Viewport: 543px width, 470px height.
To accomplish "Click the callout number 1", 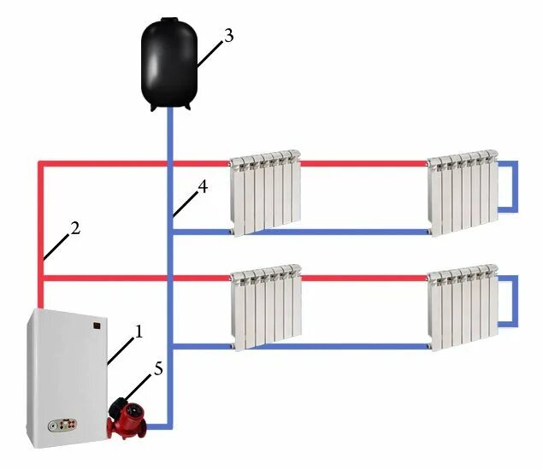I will pyautogui.click(x=139, y=329).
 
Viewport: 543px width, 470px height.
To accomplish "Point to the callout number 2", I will pyautogui.click(x=74, y=228).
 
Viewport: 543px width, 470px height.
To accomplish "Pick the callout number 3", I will pyautogui.click(x=227, y=35).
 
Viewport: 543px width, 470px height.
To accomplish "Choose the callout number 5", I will pyautogui.click(x=157, y=368).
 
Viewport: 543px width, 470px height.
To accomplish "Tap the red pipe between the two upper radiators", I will pyautogui.click(x=363, y=162).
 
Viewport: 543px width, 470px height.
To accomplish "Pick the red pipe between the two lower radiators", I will pyautogui.click(x=363, y=278).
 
